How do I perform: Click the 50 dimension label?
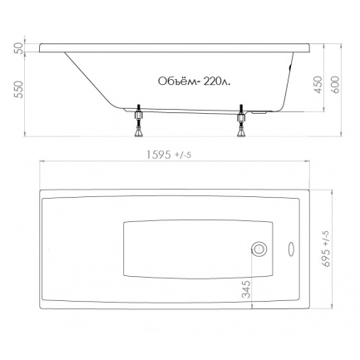[18, 47]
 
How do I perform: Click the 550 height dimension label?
[18, 90]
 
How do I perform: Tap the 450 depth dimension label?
[318, 85]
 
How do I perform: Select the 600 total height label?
[335, 85]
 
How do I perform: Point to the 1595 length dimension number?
[159, 155]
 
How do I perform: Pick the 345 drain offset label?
[246, 289]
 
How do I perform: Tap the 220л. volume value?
[216, 81]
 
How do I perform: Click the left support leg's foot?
[138, 134]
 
